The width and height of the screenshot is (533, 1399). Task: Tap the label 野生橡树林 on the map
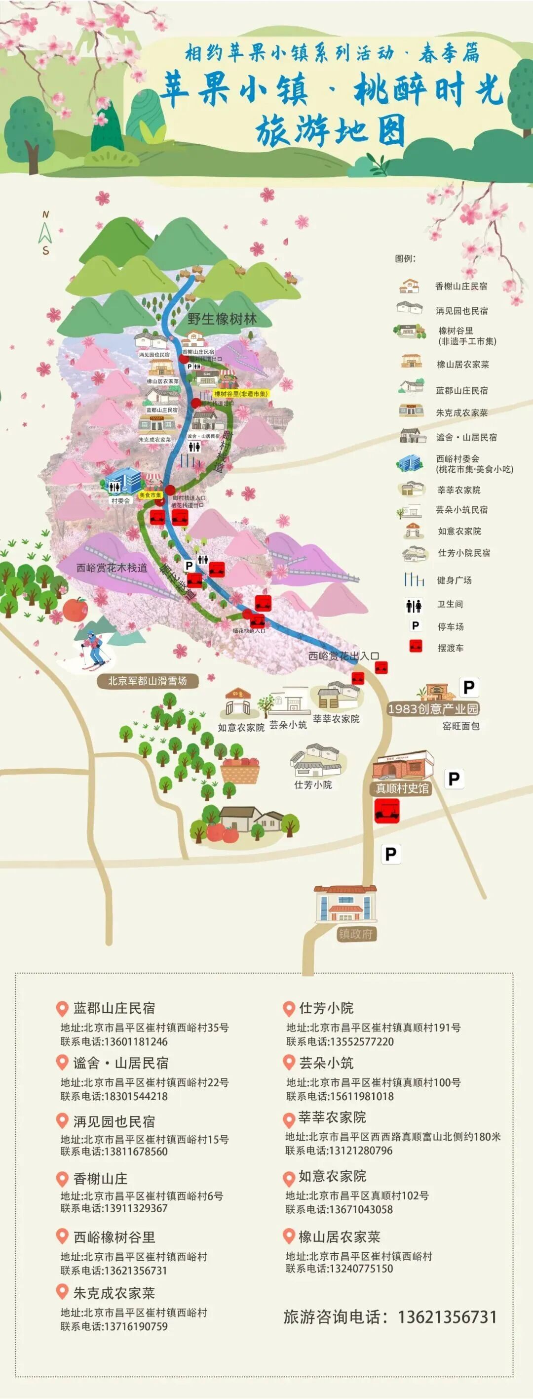[x=222, y=319]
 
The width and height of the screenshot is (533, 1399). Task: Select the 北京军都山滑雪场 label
[x=147, y=681]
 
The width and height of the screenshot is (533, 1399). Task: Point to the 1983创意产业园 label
[x=433, y=709]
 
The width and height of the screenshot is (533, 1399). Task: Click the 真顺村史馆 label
[x=402, y=788]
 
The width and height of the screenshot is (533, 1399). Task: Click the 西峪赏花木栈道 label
[x=112, y=568]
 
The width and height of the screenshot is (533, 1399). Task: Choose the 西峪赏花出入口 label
[x=343, y=656]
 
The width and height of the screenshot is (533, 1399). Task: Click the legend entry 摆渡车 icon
[x=416, y=647]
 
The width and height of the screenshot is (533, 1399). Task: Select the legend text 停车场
[x=451, y=627]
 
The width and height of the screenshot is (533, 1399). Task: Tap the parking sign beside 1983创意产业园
[x=468, y=688]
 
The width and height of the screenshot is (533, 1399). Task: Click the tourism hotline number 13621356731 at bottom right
[x=447, y=1317]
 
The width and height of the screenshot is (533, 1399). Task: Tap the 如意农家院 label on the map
[x=241, y=727]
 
